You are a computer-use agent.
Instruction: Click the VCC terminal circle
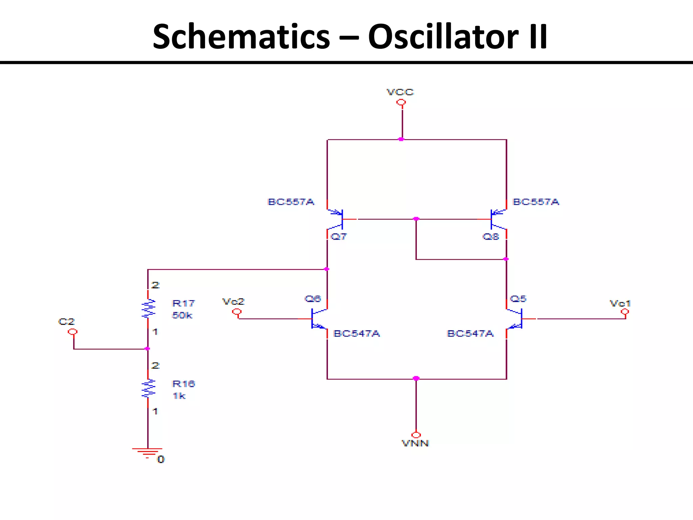coord(401,102)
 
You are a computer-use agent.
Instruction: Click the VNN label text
coord(415,443)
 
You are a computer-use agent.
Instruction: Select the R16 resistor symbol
coord(148,389)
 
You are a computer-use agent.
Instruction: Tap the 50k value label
coord(182,315)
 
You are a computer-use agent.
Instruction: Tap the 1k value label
coord(179,395)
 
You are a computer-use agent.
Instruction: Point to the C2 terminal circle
coord(72,332)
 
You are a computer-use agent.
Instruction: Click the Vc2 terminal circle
coord(237,312)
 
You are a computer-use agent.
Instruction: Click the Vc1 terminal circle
coord(625,312)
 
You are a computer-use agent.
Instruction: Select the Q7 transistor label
coord(338,236)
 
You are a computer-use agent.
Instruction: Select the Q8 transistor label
coord(491,236)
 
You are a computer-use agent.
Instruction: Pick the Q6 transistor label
coord(313,299)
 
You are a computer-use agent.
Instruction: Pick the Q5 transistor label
coord(518,299)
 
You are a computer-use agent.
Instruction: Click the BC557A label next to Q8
coord(536,202)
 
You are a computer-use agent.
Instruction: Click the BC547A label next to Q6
coord(357,333)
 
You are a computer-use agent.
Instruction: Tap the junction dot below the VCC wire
coord(401,139)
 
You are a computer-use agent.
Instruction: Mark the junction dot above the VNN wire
coord(416,378)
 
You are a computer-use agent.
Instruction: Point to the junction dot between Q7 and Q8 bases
coord(416,219)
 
